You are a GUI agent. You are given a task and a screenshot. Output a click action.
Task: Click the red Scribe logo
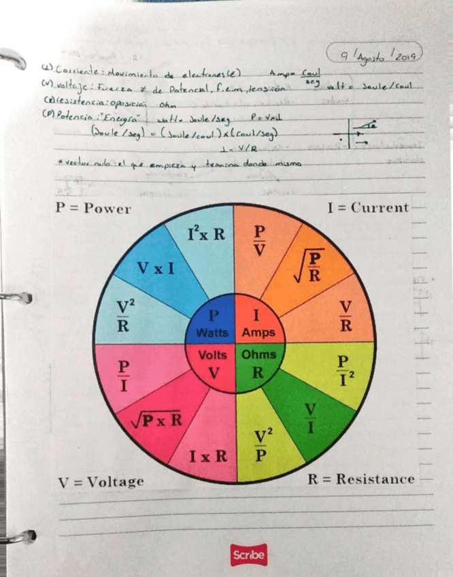(x=248, y=555)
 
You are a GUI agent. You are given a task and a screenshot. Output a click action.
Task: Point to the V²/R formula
(x=123, y=314)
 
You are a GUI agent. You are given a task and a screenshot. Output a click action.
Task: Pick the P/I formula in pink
(x=124, y=375)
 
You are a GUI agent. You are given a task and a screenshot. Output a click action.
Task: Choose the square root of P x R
(x=156, y=419)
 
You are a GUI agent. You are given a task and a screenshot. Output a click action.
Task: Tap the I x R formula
(x=208, y=455)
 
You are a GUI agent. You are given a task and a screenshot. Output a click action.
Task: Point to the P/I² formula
(x=345, y=369)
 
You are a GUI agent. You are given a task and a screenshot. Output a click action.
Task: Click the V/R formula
(x=346, y=316)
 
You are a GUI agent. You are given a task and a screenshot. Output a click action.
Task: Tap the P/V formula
(x=259, y=239)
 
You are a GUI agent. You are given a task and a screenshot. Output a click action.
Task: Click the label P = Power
(x=93, y=208)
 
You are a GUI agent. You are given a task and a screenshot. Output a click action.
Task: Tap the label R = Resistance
(x=360, y=479)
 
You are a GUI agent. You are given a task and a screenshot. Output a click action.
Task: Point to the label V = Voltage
(x=101, y=482)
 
